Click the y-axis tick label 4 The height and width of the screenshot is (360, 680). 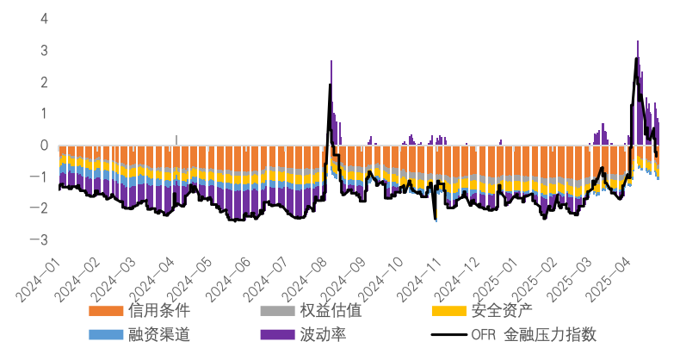point(45,18)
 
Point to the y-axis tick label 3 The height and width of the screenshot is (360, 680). point(45,50)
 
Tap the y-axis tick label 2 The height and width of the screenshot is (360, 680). point(45,82)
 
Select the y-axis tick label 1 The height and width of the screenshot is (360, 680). point(45,114)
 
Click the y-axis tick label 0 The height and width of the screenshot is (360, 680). point(45,146)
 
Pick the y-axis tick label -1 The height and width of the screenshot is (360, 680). point(42,177)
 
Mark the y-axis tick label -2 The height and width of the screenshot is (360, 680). point(42,208)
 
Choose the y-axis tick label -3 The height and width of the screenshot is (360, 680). point(42,240)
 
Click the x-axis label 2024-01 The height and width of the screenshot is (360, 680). point(38,276)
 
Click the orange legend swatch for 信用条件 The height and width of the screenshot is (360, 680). point(106,311)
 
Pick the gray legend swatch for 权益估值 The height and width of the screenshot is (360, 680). point(277,311)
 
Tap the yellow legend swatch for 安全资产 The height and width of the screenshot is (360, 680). point(448,311)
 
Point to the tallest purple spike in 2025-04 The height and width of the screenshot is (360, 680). point(637,42)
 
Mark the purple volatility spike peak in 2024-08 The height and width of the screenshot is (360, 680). point(331,61)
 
